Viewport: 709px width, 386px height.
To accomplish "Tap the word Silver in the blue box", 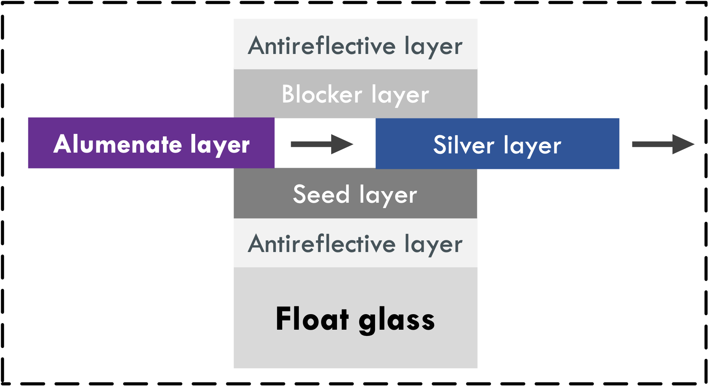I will (x=463, y=145).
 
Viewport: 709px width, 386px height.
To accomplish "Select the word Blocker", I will (x=321, y=94).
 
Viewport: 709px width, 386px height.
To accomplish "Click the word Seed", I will (x=321, y=194).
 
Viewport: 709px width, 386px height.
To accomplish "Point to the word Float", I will (x=312, y=319).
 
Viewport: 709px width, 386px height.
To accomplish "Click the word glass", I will (x=396, y=321).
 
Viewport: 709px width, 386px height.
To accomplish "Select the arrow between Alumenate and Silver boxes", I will (x=322, y=144).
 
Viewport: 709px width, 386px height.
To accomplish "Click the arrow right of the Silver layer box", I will (x=663, y=144).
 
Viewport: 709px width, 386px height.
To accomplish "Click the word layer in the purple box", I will (x=220, y=145).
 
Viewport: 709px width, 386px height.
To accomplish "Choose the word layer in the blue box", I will (x=532, y=146).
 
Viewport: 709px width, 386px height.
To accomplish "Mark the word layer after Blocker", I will (x=400, y=96).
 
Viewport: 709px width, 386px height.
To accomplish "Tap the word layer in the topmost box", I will (x=433, y=47).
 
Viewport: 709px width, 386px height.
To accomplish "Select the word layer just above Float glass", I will (x=433, y=245).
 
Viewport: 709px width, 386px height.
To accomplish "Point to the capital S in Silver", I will (x=441, y=145).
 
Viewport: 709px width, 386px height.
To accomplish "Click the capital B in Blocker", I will (x=288, y=94).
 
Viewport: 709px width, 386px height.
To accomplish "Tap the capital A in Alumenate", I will (x=63, y=144).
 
